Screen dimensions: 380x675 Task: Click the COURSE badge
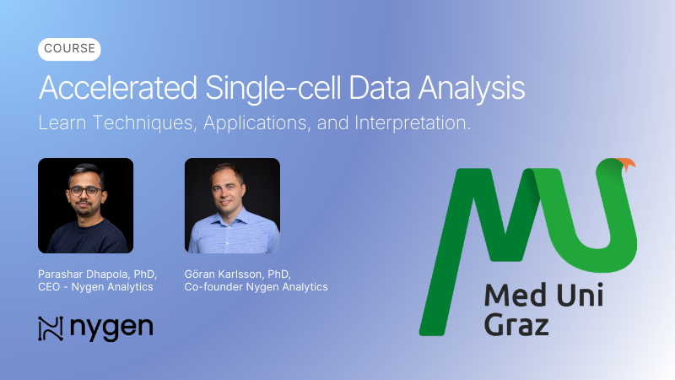[x=69, y=50]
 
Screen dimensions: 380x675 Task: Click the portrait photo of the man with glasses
[x=86, y=205]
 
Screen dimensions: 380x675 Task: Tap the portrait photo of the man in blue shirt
[x=232, y=205]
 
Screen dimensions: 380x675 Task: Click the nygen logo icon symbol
[x=51, y=328]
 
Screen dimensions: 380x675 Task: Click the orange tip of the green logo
[x=626, y=164]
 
